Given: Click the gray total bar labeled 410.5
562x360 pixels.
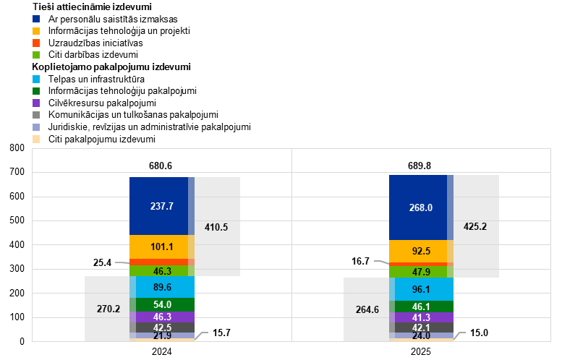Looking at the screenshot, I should pyautogui.click(x=217, y=226).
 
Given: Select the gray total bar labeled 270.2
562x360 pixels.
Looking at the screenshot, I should pyautogui.click(x=107, y=309).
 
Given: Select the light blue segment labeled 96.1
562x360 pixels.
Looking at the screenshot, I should pyautogui.click(x=421, y=289).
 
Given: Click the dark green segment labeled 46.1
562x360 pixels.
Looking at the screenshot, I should pyautogui.click(x=421, y=307).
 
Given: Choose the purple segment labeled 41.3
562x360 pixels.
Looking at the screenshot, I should pyautogui.click(x=421, y=317).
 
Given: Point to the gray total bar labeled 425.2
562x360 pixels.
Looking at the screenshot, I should pyautogui.click(x=476, y=226).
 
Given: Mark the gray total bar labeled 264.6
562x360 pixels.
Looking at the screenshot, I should pyautogui.click(x=366, y=309).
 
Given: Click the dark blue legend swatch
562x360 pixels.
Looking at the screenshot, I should pyautogui.click(x=36, y=19).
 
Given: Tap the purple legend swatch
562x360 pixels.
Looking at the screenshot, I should pyautogui.click(x=36, y=103).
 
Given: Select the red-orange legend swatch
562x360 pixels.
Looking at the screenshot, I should pyautogui.click(x=36, y=43).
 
